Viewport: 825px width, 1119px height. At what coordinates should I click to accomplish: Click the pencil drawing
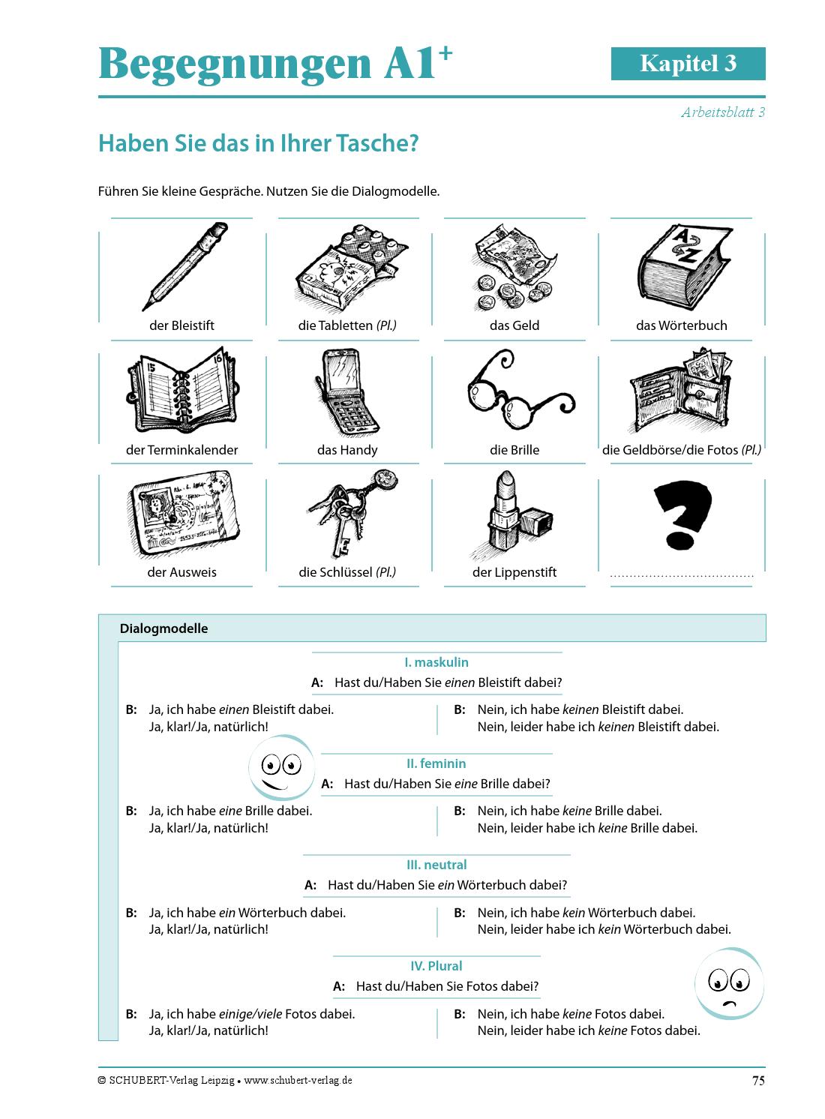pyautogui.click(x=185, y=266)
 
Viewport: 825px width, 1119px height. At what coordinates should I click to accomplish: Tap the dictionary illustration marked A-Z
pyautogui.click(x=681, y=268)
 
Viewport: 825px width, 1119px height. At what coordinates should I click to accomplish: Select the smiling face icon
pyautogui.click(x=280, y=768)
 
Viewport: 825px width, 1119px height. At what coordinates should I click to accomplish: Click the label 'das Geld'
pyautogui.click(x=514, y=325)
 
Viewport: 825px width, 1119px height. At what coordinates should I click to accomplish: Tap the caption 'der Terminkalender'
pyautogui.click(x=181, y=450)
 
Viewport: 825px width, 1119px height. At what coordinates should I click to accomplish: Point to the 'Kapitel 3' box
pyautogui.click(x=688, y=64)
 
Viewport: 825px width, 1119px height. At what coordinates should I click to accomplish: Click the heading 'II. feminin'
pyautogui.click(x=436, y=763)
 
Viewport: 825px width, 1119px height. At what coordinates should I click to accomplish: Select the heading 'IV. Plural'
pyautogui.click(x=436, y=966)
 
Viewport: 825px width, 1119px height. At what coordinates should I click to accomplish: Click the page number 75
pyautogui.click(x=757, y=1081)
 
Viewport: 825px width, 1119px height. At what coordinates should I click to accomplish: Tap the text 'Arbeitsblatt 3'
pyautogui.click(x=722, y=112)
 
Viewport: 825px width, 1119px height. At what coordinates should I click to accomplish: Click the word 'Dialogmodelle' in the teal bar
pyautogui.click(x=163, y=628)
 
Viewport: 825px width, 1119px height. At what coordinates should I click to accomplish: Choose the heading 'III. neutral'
pyautogui.click(x=436, y=865)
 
